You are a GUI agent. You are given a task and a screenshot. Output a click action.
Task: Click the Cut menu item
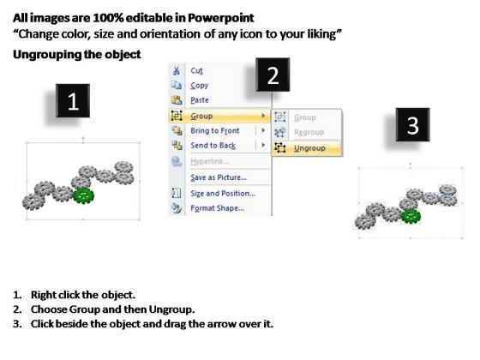pyautogui.click(x=196, y=70)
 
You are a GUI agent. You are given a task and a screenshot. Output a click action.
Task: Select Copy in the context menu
pyautogui.click(x=199, y=86)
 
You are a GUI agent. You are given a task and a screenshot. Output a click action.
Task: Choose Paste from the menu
pyautogui.click(x=199, y=100)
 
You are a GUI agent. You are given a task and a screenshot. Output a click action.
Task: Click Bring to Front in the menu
pyautogui.click(x=215, y=130)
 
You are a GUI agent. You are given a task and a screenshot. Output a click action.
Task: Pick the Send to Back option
pyautogui.click(x=213, y=146)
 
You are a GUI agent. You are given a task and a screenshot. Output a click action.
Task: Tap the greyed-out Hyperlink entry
pyautogui.click(x=210, y=161)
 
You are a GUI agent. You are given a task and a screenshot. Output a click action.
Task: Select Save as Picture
pyautogui.click(x=219, y=177)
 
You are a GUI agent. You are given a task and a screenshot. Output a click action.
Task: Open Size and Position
pyautogui.click(x=223, y=193)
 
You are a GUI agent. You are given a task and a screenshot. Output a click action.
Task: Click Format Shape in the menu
pyautogui.click(x=217, y=208)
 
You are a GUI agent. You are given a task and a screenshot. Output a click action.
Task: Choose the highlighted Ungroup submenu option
pyautogui.click(x=309, y=148)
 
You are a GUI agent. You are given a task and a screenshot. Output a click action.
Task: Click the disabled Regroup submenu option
pyautogui.click(x=309, y=132)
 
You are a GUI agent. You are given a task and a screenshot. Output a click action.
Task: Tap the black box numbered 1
pyautogui.click(x=73, y=101)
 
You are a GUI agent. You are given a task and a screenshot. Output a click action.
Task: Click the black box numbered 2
pyautogui.click(x=273, y=75)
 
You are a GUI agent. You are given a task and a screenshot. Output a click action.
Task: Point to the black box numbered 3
pyautogui.click(x=412, y=124)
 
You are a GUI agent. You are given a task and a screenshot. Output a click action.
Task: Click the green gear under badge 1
pyautogui.click(x=84, y=195)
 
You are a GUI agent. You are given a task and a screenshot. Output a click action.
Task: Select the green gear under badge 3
pyautogui.click(x=411, y=216)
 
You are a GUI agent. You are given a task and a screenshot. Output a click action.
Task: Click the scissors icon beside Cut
pyautogui.click(x=177, y=70)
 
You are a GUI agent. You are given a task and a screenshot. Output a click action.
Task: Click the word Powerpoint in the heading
pyautogui.click(x=221, y=18)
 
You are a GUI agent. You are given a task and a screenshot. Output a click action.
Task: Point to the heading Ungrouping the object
pyautogui.click(x=77, y=55)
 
